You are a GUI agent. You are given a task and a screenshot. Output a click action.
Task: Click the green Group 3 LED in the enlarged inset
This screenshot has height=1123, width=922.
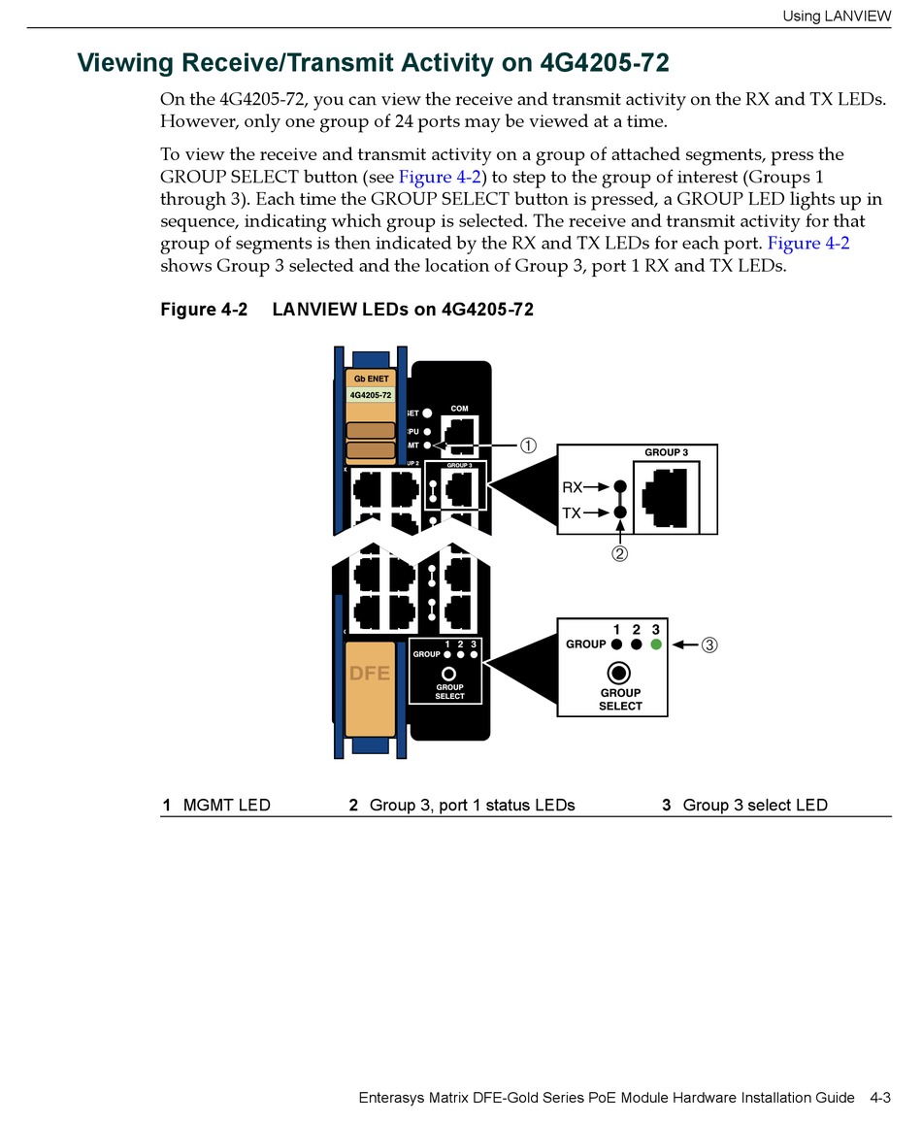656,644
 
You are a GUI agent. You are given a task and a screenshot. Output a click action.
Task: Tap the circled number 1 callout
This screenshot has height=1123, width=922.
527,446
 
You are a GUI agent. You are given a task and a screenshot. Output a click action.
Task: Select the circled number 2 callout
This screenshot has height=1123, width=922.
619,554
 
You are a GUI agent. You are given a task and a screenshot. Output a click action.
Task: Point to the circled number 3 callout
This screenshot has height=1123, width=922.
709,644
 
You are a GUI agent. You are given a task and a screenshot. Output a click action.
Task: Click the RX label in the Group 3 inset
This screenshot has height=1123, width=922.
573,487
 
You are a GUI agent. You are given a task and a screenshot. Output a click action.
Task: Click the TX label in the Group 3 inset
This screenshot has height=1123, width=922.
573,512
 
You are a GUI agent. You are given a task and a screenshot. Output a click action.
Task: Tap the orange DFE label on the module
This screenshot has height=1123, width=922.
369,673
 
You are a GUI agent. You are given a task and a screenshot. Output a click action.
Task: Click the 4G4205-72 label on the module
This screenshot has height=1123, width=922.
370,395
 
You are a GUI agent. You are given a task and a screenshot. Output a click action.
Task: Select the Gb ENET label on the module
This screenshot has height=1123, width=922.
371,378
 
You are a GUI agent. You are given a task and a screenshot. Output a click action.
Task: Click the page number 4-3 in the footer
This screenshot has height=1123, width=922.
879,1098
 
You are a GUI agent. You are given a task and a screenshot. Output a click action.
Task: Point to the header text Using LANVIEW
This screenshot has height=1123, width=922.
837,16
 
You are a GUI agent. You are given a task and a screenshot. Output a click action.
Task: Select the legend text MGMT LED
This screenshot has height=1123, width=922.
226,805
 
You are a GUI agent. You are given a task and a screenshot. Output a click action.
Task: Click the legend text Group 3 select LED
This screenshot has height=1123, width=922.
755,805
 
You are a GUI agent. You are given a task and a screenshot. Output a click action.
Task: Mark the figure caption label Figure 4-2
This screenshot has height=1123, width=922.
204,310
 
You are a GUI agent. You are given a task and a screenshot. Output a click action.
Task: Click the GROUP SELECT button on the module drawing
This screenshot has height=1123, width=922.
449,674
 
